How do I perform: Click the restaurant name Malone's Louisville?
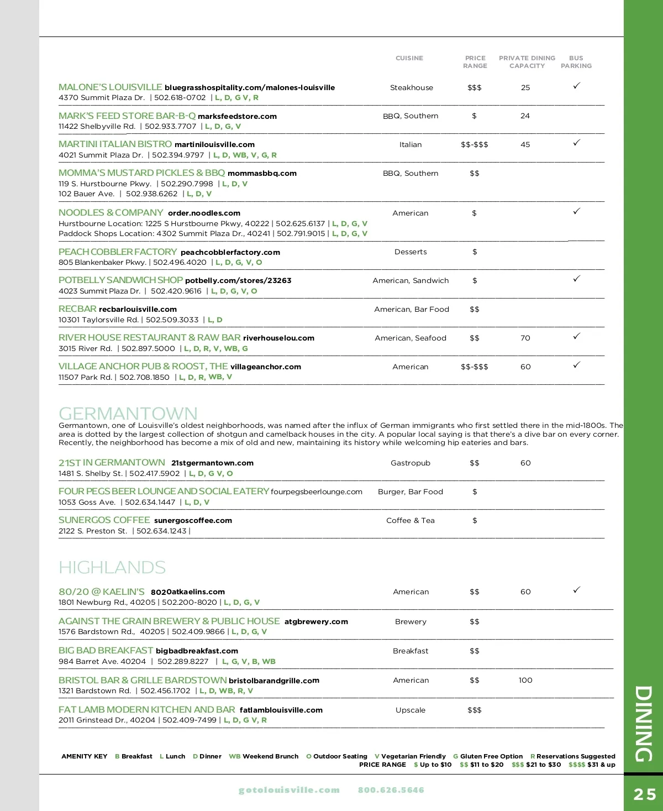pyautogui.click(x=110, y=87)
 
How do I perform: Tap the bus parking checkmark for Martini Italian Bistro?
pyautogui.click(x=576, y=143)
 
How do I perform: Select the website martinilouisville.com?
pyautogui.click(x=214, y=145)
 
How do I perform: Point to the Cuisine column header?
pyautogui.click(x=409, y=58)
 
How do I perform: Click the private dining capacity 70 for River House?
pyautogui.click(x=525, y=338)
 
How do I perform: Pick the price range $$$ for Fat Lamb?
pyautogui.click(x=474, y=710)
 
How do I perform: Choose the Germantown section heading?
pyautogui.click(x=128, y=414)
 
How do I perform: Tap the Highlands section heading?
pyautogui.click(x=112, y=567)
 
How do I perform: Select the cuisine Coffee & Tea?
pyautogui.click(x=411, y=520)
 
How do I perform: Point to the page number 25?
pyautogui.click(x=644, y=794)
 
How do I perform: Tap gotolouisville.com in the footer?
pyautogui.click(x=289, y=790)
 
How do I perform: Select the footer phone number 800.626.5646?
pyautogui.click(x=391, y=790)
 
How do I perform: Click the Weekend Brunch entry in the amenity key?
pyautogui.click(x=264, y=756)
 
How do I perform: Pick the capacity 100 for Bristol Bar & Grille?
pyautogui.click(x=525, y=680)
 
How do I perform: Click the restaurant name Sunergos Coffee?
pyautogui.click(x=104, y=520)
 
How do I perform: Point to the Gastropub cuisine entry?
pyautogui.click(x=411, y=463)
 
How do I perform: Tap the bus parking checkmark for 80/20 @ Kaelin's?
pyautogui.click(x=576, y=590)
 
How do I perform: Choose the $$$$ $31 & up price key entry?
pyautogui.click(x=592, y=765)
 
